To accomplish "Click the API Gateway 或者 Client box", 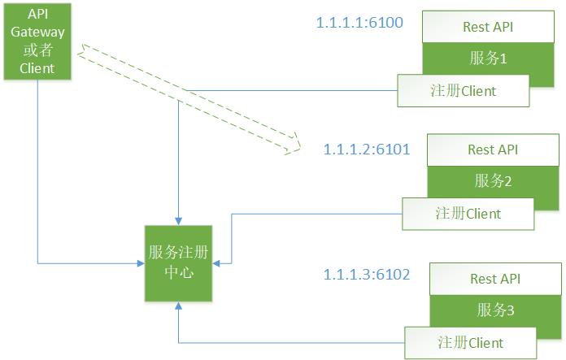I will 37,41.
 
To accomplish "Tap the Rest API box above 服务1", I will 487,27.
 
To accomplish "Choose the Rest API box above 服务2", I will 492,150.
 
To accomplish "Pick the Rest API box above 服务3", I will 494,279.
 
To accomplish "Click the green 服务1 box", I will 487,59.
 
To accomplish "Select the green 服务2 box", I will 492,180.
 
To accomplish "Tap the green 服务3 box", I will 494,310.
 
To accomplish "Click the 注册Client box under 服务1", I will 462,90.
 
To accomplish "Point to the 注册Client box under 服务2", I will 468,214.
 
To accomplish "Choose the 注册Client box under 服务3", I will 470,342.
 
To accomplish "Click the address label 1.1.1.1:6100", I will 359,22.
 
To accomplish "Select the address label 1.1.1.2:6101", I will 366,150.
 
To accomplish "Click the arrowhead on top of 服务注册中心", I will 178,221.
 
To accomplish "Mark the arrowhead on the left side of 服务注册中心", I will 141,262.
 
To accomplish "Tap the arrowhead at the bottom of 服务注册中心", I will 178,306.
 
